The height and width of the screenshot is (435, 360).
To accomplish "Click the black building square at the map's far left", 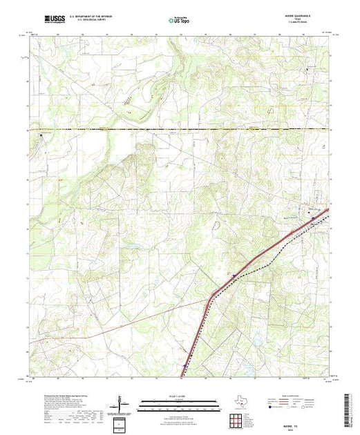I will click(40, 135).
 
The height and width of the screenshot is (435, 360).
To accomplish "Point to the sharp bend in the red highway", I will click(210, 298).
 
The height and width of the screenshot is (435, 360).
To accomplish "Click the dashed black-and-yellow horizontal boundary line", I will click(173, 129).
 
